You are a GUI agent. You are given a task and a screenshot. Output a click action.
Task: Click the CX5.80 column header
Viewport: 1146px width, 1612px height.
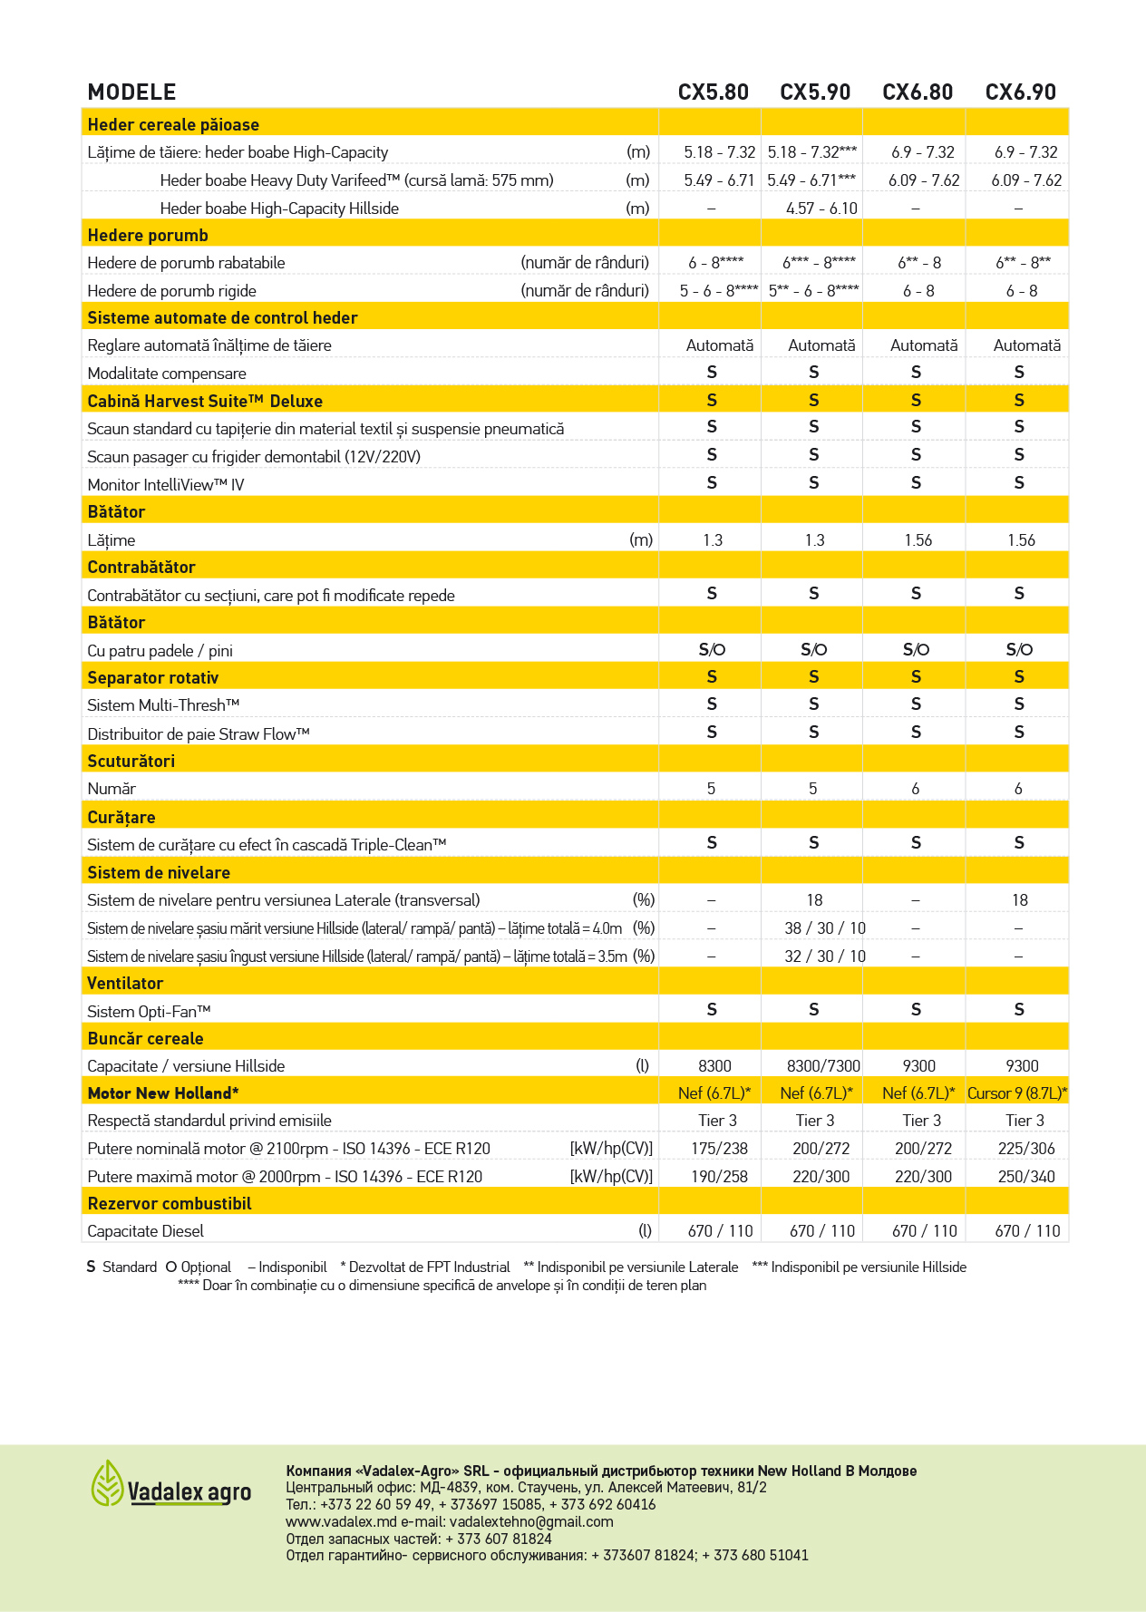point(713,92)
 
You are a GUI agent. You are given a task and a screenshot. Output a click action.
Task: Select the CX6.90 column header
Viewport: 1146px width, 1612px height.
point(1020,92)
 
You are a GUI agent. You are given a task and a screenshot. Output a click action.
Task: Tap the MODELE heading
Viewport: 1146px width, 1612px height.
point(131,92)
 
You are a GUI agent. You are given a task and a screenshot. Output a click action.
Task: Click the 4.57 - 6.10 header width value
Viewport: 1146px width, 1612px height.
point(821,209)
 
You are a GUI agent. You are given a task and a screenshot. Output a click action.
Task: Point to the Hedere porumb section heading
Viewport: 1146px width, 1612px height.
point(148,236)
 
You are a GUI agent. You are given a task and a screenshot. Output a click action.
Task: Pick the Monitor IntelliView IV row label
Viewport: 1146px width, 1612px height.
point(166,485)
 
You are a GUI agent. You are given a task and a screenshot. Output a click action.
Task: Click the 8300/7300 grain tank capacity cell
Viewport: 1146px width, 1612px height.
point(823,1066)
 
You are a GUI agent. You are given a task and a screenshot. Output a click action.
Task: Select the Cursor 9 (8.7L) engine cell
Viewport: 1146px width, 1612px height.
point(1017,1093)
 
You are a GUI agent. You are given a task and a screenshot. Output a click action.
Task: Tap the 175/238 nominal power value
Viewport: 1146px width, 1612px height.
point(719,1149)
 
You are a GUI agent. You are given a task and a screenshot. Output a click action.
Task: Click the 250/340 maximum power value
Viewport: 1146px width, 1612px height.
point(1026,1177)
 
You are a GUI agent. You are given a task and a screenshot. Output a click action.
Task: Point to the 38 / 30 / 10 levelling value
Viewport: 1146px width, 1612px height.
point(825,928)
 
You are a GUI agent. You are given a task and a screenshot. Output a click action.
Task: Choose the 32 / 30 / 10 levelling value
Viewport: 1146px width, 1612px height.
point(825,957)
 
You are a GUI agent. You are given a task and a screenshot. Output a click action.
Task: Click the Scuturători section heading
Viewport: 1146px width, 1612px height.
point(131,762)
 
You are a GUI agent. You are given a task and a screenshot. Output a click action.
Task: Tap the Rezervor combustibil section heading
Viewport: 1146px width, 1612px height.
point(170,1204)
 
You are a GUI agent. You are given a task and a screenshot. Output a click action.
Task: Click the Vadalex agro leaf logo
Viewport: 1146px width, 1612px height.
point(107,1483)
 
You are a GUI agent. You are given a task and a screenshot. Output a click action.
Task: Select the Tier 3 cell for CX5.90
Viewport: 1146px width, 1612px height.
point(815,1121)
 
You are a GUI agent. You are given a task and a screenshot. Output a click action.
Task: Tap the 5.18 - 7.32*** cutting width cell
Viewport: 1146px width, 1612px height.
point(811,152)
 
